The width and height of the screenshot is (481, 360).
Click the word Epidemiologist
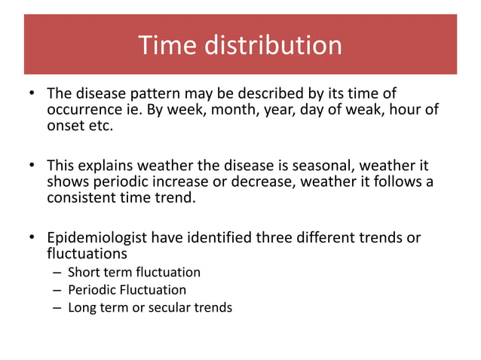[x=97, y=239]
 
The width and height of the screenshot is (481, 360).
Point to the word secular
[x=178, y=307]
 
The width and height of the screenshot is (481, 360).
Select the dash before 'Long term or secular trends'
[x=57, y=307]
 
